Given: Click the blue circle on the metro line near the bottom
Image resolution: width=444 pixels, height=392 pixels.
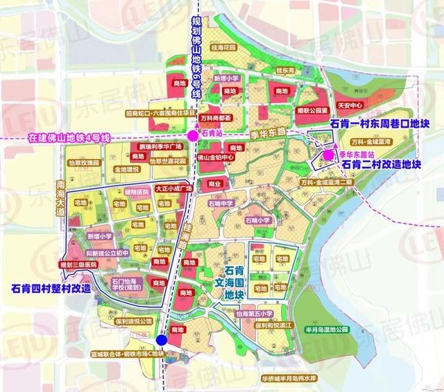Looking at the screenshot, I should pyautogui.click(x=161, y=340).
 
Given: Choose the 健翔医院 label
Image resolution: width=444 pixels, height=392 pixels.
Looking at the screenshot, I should pyautogui.click(x=137, y=191).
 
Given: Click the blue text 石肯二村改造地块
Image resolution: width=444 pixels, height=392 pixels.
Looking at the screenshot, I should pyautogui.click(x=382, y=164).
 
